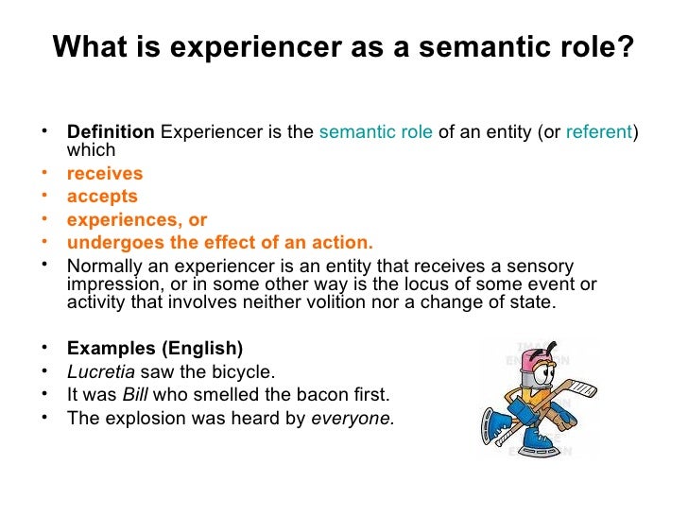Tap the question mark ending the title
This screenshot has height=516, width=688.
(x=627, y=47)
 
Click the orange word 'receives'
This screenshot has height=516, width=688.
(x=105, y=174)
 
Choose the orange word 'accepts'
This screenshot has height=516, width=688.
(x=102, y=197)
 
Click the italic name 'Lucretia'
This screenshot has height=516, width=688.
(x=101, y=371)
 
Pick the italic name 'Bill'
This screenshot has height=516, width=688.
(x=137, y=394)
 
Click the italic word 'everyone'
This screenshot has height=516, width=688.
(x=353, y=417)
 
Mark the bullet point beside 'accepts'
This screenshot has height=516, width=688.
(x=44, y=196)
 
